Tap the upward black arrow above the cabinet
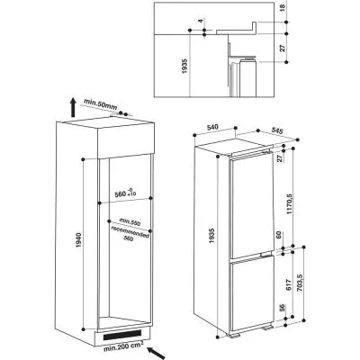tap(71, 109)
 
